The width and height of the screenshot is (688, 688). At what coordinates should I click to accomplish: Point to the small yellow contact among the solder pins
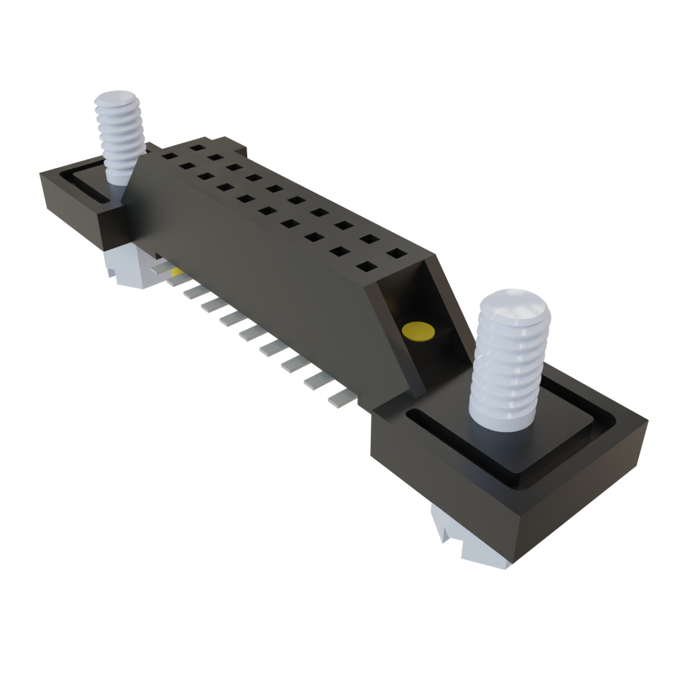tap(176, 273)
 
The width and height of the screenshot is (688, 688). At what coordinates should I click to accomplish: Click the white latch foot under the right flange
tap(470, 537)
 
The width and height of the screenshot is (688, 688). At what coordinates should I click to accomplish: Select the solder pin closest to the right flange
tap(342, 399)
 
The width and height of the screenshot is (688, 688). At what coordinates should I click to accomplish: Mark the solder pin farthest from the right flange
tap(161, 267)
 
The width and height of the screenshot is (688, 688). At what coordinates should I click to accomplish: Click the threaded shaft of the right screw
tap(504, 376)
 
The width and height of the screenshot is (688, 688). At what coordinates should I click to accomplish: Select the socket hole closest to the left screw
tap(168, 156)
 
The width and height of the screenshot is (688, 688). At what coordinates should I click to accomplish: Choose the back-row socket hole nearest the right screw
tap(396, 254)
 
